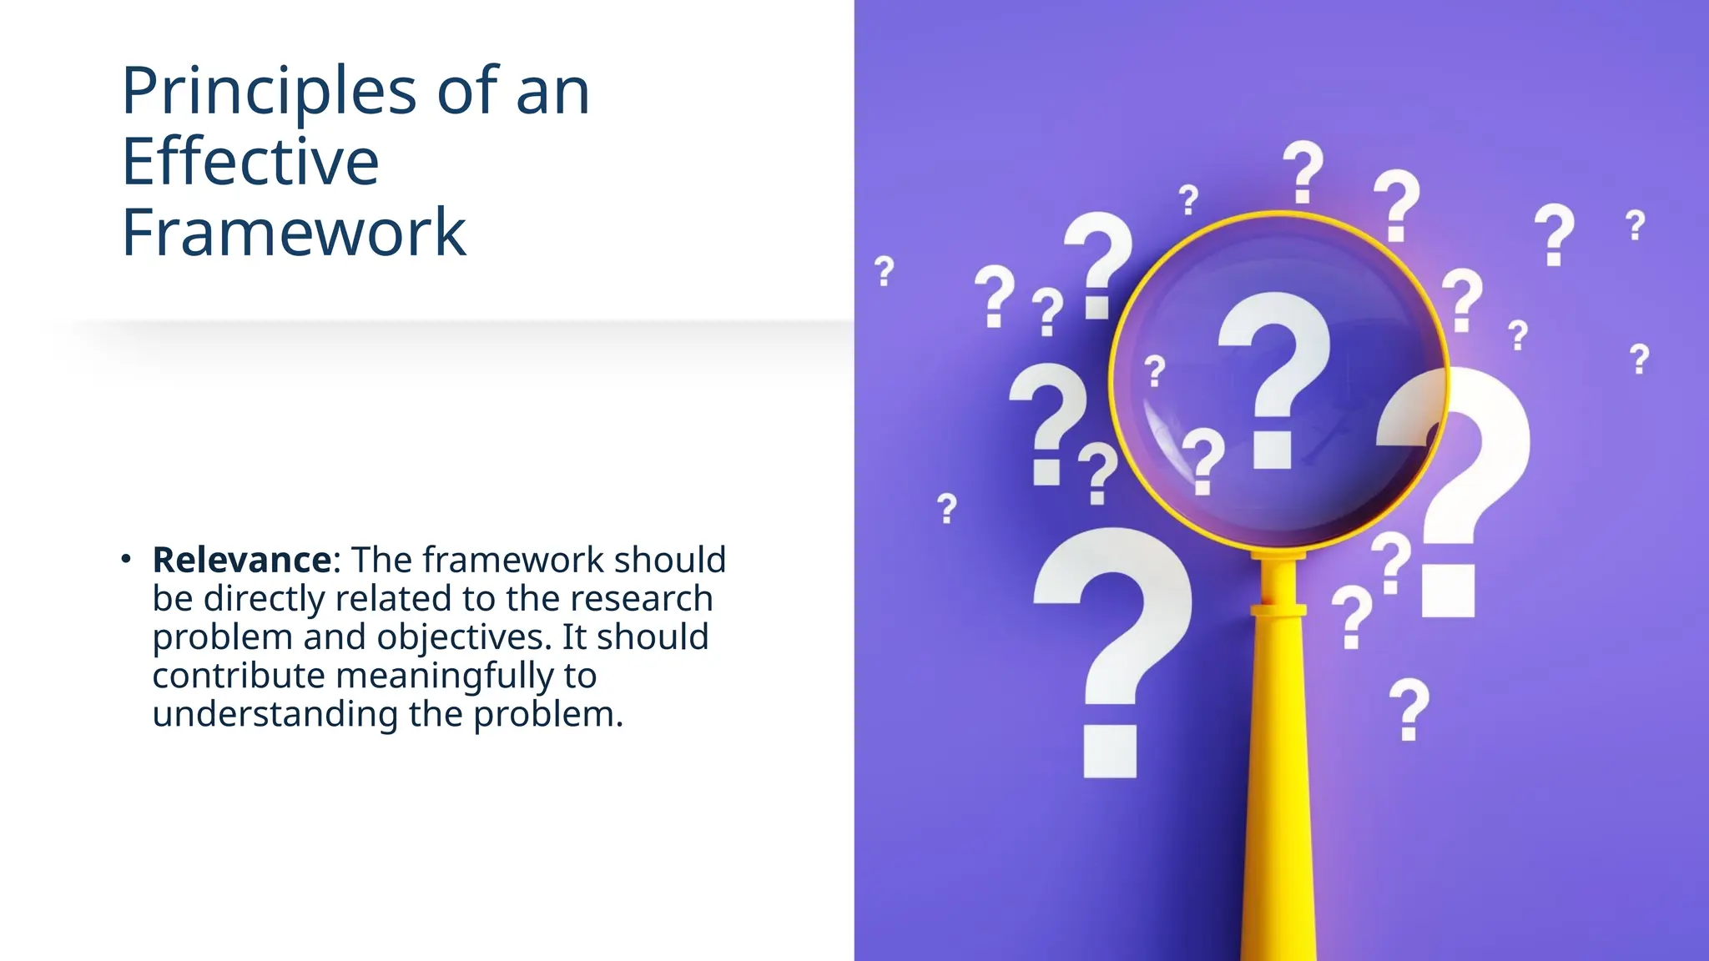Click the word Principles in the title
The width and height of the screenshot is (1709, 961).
(269, 92)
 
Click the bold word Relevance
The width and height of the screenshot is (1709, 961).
(242, 560)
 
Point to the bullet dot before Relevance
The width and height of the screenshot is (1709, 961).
(126, 558)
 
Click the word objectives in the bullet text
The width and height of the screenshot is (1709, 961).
(464, 637)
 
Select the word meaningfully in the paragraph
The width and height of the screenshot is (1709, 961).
(444, 676)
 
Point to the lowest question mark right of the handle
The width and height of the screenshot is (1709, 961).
(1409, 707)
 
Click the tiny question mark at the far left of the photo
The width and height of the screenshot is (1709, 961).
(885, 271)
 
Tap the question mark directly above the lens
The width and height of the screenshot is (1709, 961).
(1303, 171)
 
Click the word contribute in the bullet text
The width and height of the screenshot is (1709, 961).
(239, 676)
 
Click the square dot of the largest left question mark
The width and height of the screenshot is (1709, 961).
(1110, 751)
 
